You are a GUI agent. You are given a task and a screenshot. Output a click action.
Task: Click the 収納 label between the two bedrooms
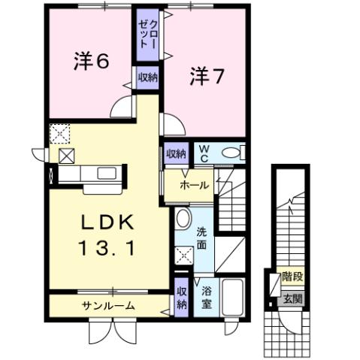click(x=147, y=77)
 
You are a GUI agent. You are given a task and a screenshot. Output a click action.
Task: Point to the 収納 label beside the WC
click(x=176, y=153)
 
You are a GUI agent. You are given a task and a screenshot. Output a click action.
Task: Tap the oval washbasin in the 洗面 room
click(x=182, y=220)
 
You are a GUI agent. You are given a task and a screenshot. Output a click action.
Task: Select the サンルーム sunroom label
click(x=108, y=305)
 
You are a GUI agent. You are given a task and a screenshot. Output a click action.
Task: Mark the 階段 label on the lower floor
click(x=292, y=277)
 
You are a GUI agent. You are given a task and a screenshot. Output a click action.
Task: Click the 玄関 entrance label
click(x=292, y=298)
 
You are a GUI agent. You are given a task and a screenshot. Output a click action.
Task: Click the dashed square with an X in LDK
click(x=59, y=134)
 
